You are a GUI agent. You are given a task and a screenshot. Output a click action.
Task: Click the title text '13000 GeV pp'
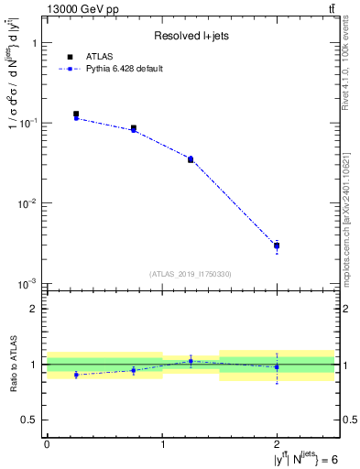82,9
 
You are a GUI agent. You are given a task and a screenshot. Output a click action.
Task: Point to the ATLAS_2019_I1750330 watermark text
191,274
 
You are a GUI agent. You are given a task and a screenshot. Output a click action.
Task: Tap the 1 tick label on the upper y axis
33,43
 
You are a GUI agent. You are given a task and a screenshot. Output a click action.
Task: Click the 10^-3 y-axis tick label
28,284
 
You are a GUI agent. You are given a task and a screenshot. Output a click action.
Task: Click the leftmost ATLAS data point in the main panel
76,115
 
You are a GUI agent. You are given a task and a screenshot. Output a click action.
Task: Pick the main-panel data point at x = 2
277,245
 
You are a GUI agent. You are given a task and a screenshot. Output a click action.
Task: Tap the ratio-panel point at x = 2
277,367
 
